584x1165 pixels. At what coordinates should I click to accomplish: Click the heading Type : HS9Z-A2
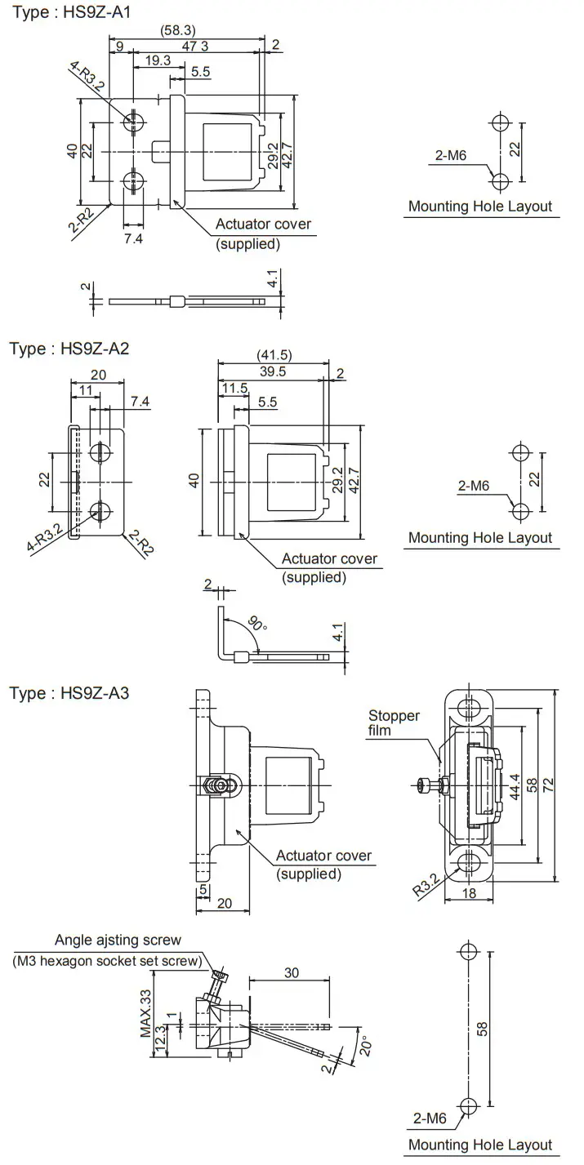69,349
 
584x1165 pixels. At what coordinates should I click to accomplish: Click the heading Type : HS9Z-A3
69,693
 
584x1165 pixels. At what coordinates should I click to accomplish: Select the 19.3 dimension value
157,60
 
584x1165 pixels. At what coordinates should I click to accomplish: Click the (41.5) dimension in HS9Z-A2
274,354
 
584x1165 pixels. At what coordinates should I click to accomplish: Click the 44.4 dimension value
514,785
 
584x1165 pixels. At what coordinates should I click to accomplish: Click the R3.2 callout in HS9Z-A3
426,883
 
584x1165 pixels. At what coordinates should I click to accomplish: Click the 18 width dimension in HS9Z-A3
469,893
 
